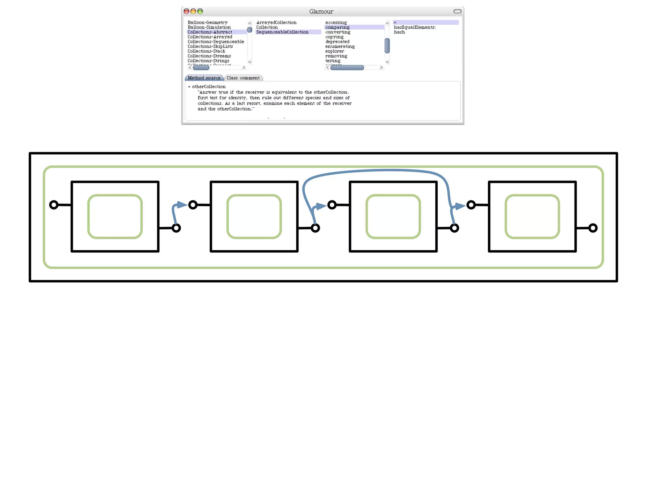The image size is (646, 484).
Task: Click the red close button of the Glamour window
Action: pyautogui.click(x=186, y=11)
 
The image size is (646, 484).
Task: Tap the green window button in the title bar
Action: pyautogui.click(x=200, y=11)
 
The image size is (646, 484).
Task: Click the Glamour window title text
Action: pyautogui.click(x=321, y=12)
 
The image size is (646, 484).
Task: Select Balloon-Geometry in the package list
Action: pyautogui.click(x=208, y=22)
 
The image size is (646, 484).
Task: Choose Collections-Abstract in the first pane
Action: pyautogui.click(x=210, y=32)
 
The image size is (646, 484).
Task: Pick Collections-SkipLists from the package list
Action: pyautogui.click(x=210, y=46)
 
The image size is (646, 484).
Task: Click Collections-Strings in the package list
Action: pyautogui.click(x=208, y=61)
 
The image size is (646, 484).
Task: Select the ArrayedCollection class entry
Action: pyautogui.click(x=276, y=22)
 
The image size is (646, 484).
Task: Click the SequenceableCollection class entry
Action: pyautogui.click(x=282, y=32)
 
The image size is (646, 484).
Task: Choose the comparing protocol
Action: pyautogui.click(x=337, y=27)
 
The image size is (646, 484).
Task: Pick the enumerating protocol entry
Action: pyautogui.click(x=340, y=46)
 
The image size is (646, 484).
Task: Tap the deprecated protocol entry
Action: pyautogui.click(x=337, y=42)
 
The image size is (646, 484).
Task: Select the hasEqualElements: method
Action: pyautogui.click(x=414, y=27)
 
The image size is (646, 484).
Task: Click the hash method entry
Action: pyautogui.click(x=399, y=32)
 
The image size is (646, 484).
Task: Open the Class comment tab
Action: pyautogui.click(x=243, y=78)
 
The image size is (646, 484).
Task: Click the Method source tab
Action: pyautogui.click(x=204, y=78)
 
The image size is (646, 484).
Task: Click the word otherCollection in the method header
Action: pyautogui.click(x=209, y=87)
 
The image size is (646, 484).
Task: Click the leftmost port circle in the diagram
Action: pyautogui.click(x=54, y=205)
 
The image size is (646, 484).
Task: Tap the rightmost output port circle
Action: pyautogui.click(x=593, y=228)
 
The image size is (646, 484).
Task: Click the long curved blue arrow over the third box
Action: pyautogui.click(x=379, y=170)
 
